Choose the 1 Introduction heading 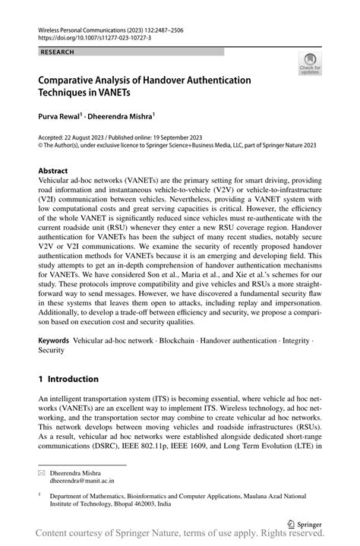tap(68, 379)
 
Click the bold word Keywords tap(58, 342)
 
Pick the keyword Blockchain tap(178, 342)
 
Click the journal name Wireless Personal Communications tap(86, 26)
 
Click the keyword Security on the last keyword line tap(52, 352)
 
